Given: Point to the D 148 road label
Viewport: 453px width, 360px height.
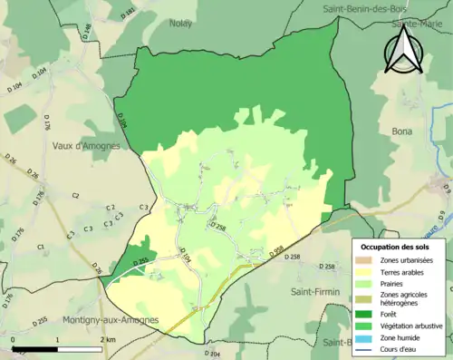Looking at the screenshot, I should click(x=87, y=33).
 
